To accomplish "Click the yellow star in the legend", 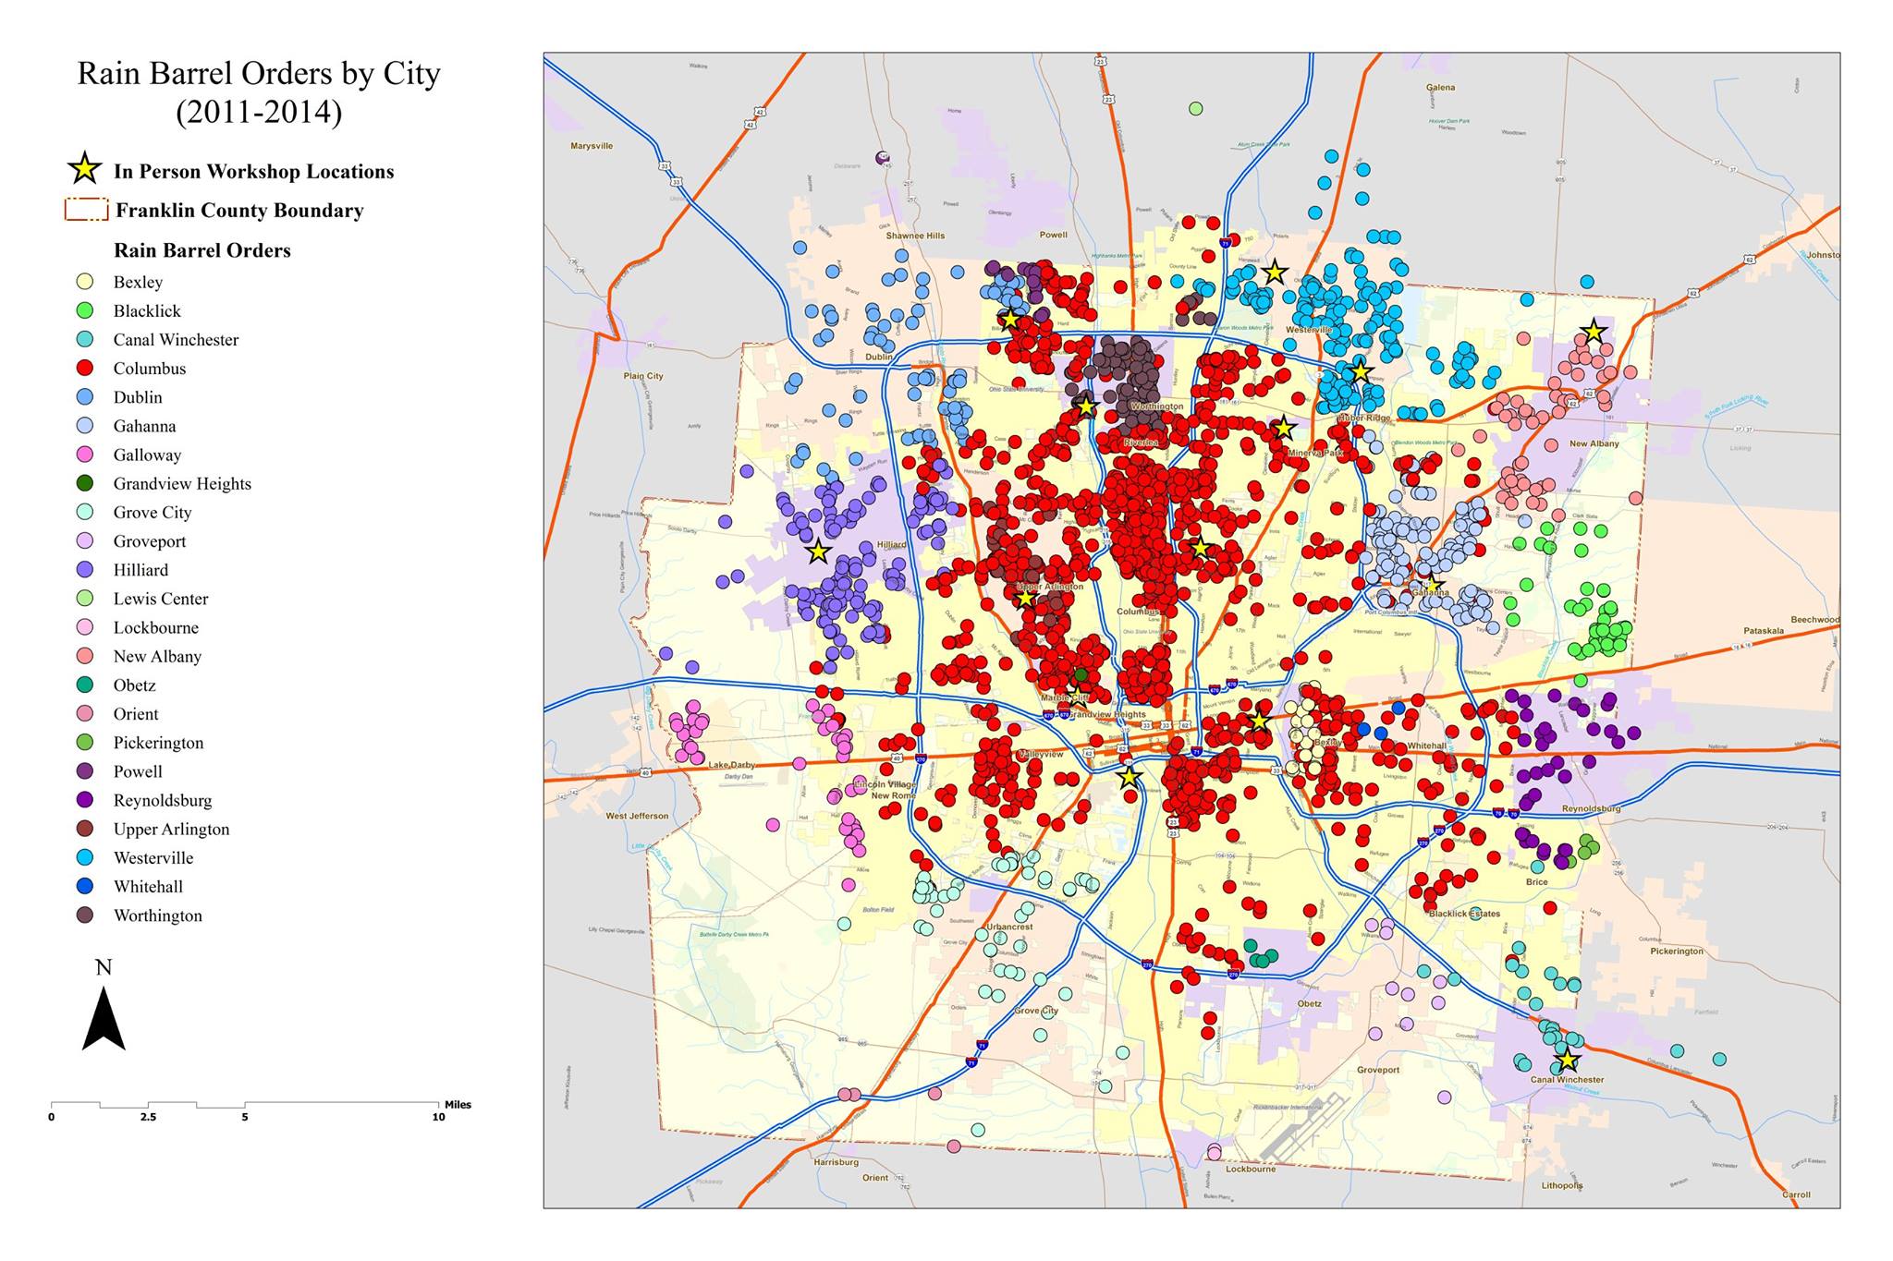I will tap(85, 169).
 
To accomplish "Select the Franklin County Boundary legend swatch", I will tap(86, 210).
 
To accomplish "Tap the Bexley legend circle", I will tap(85, 282).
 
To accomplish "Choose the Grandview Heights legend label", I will tap(182, 483).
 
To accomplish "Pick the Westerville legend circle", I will tap(85, 857).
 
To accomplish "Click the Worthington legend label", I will tap(157, 915).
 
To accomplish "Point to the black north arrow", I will tap(104, 1018).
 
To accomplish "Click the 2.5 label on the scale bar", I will tap(148, 1117).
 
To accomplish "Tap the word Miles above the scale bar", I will tap(458, 1104).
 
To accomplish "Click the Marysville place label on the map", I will tap(592, 146).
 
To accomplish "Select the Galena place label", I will tap(1440, 88).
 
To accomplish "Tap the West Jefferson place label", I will tap(637, 816).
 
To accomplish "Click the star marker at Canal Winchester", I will tap(1567, 1060).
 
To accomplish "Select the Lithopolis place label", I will tap(1562, 1185).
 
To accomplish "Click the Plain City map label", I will tap(642, 376).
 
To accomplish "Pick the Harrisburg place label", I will tap(836, 1162).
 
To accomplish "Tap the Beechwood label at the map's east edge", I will tap(1814, 620).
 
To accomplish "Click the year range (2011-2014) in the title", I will tap(259, 112).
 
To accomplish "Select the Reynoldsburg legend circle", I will tap(85, 800).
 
